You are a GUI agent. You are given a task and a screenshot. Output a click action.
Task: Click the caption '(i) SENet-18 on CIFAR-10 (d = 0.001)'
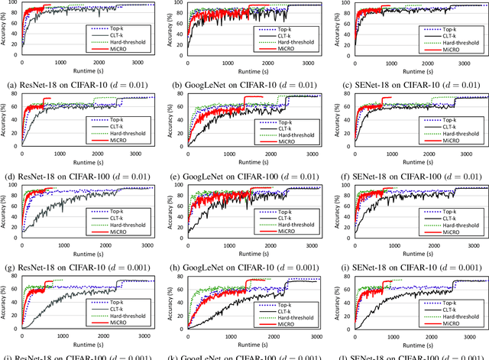409,267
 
